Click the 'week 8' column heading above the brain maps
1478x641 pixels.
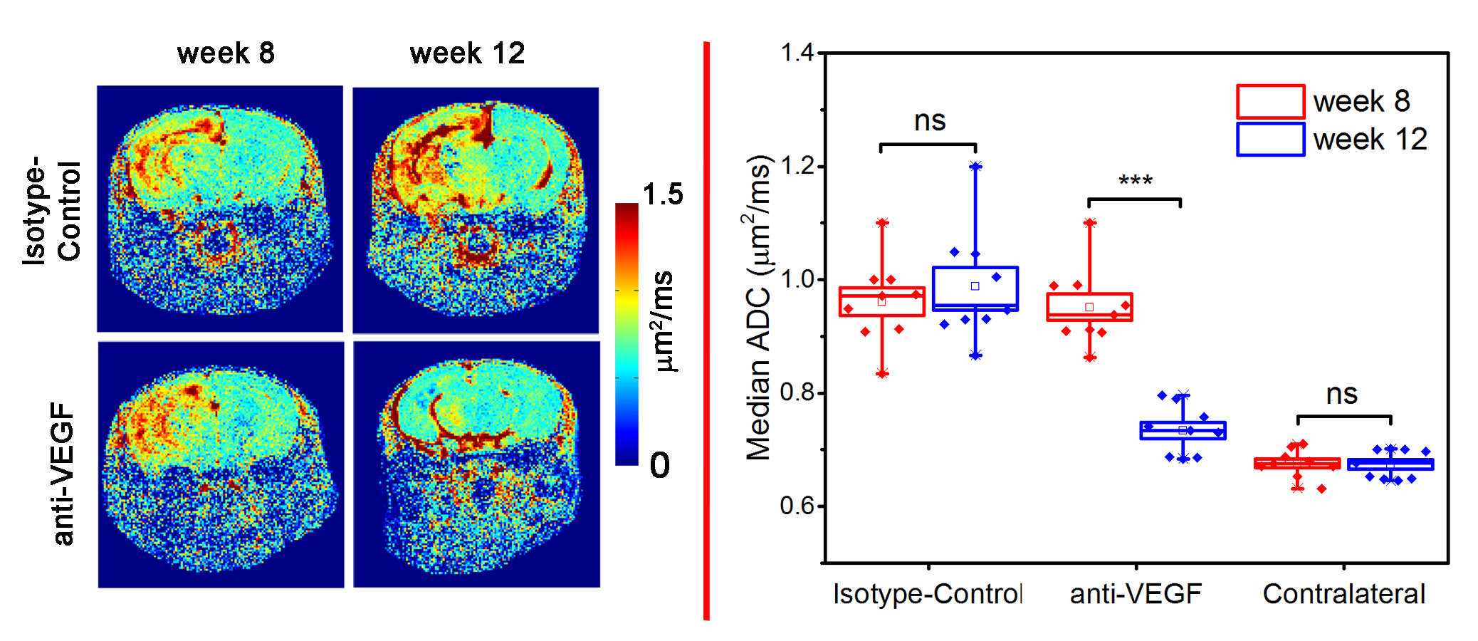(226, 53)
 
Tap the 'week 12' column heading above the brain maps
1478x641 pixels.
(467, 53)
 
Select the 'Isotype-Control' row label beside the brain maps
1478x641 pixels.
(52, 211)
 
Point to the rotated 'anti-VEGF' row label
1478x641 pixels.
(63, 473)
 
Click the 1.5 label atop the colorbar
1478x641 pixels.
(662, 194)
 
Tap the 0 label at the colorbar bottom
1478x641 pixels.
(659, 466)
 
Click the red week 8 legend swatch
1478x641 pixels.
(1270, 101)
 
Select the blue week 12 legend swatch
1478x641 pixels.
(1270, 139)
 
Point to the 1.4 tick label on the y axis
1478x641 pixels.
(797, 53)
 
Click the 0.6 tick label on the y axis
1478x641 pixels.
(797, 506)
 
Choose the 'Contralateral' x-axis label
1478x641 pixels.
(1343, 594)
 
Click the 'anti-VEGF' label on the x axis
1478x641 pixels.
(1136, 594)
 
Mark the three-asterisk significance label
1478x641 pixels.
(1135, 181)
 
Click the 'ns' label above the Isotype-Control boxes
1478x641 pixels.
(930, 121)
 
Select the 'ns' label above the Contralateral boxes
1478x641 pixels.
(1342, 395)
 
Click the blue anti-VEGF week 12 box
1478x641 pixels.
(1183, 430)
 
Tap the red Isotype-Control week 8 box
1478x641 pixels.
(882, 302)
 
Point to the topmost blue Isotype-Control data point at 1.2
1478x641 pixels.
(975, 167)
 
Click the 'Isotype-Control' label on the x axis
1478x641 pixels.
(927, 594)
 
